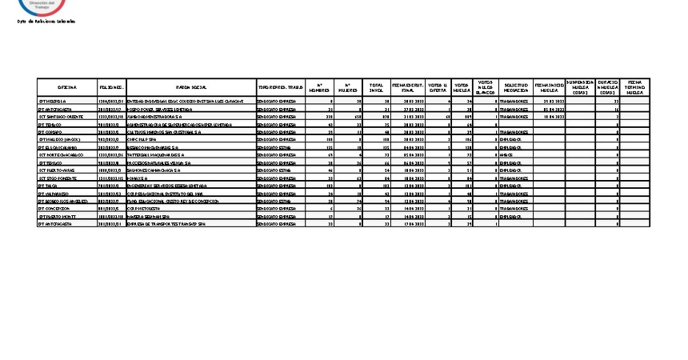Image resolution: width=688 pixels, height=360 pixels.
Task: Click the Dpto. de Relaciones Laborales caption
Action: [46, 21]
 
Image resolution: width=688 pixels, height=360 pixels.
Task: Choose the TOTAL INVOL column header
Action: [376, 87]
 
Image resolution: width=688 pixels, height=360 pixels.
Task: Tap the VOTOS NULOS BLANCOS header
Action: [485, 87]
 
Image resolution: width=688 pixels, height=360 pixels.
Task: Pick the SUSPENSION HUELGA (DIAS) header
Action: [579, 87]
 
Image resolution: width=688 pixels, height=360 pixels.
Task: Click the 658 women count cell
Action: [354, 117]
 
